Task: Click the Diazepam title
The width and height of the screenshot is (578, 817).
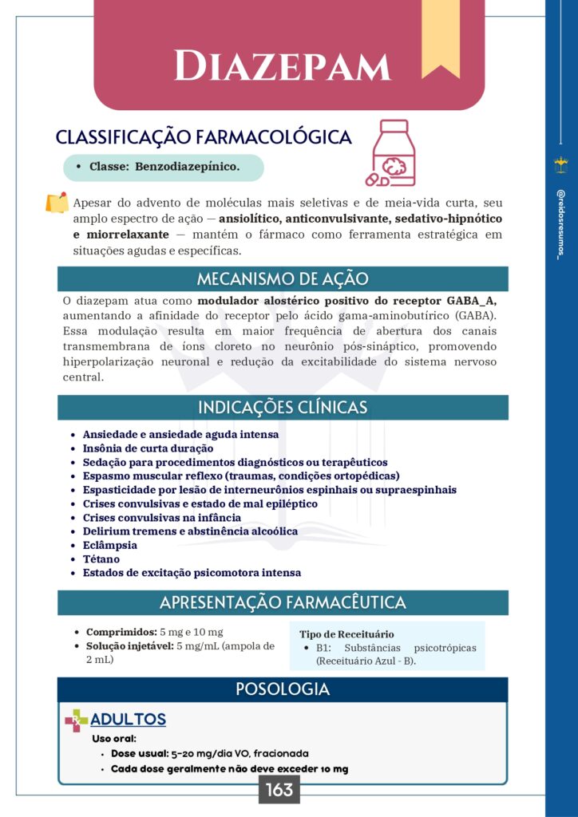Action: (283, 65)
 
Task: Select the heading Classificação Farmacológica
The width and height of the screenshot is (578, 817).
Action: (204, 137)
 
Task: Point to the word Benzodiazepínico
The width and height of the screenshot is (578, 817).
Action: (188, 167)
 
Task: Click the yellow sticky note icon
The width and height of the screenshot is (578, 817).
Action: (57, 203)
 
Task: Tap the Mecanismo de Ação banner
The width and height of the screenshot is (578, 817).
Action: (283, 278)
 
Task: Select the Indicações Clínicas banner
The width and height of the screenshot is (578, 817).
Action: (283, 407)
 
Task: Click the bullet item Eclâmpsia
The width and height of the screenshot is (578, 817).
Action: (110, 545)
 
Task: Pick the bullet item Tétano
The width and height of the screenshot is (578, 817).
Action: (101, 558)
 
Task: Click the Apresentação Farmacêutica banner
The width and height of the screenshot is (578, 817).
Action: (283, 602)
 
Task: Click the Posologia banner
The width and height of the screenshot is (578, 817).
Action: (283, 689)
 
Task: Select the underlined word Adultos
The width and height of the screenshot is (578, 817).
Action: (128, 720)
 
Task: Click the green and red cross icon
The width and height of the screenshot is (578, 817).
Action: (77, 720)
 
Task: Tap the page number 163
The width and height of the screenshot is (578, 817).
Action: (279, 790)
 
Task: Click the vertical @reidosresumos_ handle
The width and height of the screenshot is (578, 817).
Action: (560, 223)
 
